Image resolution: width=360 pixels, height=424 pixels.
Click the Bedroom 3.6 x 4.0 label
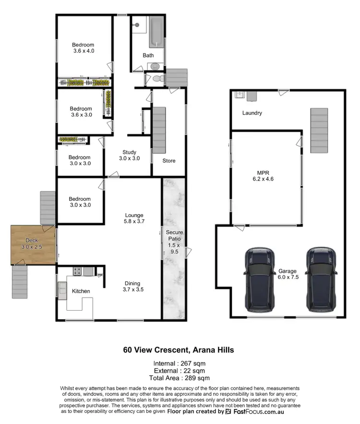pos(84,48)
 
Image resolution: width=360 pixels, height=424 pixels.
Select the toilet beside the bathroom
pos(158,79)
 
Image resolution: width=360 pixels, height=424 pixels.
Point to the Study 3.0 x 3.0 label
pos(130,155)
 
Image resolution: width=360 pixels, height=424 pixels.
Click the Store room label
pos(168,161)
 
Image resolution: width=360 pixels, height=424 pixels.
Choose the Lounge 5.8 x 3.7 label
pos(134,218)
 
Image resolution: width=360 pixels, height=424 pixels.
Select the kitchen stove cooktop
pos(76,272)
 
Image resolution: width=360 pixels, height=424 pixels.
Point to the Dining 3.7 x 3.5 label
pos(133,286)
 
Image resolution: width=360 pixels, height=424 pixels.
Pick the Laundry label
pos(252,113)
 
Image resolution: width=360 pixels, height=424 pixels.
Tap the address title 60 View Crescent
pos(179,350)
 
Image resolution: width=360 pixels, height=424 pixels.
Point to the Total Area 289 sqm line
pos(179,378)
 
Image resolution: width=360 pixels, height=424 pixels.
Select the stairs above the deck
pos(47,207)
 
